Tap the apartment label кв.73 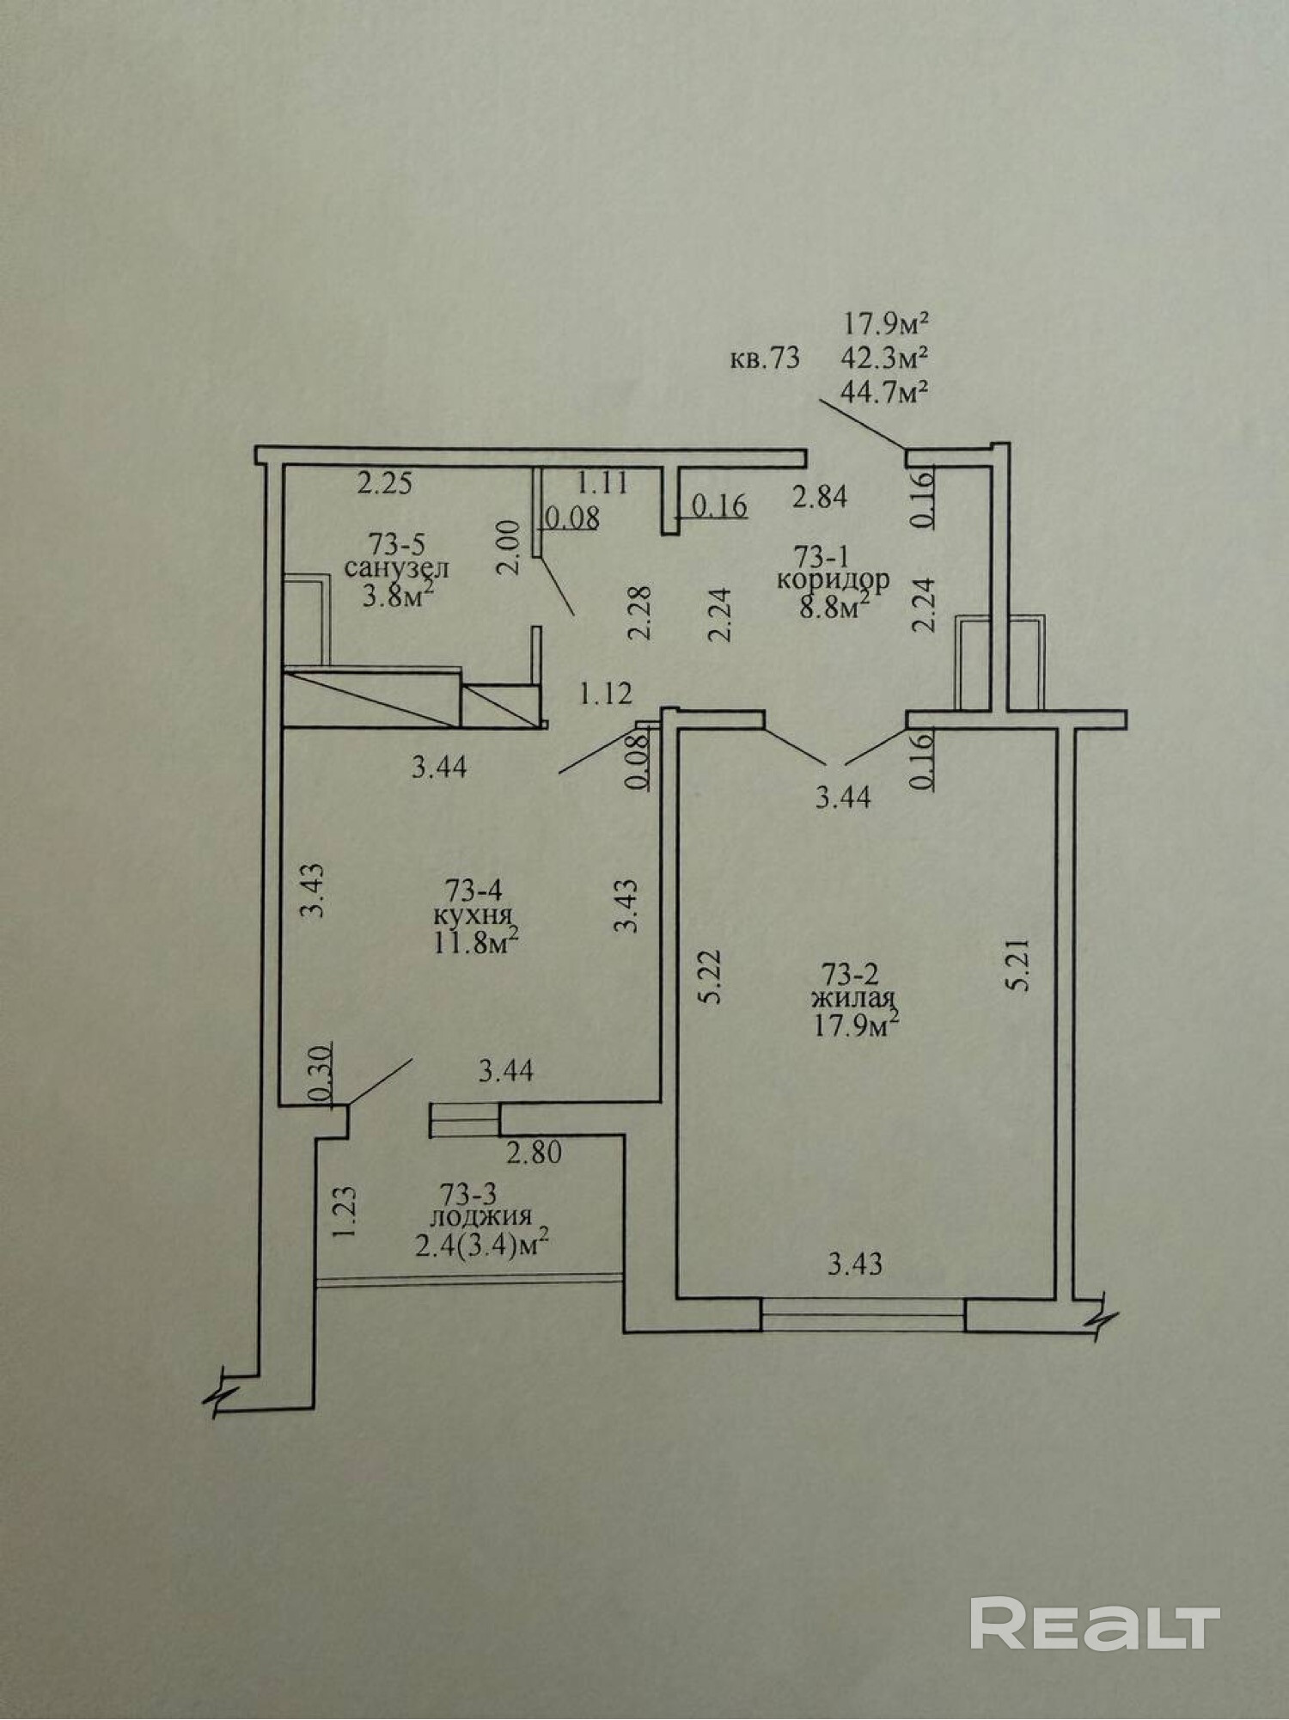[765, 358]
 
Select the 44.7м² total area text [887, 392]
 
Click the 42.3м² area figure [887, 357]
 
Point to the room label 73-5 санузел [396, 556]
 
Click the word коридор [833, 578]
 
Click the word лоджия [481, 1216]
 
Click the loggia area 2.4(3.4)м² [481, 1245]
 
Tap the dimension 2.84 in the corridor [820, 497]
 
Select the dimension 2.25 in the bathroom [385, 484]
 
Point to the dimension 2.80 [534, 1153]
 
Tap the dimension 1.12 [605, 694]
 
